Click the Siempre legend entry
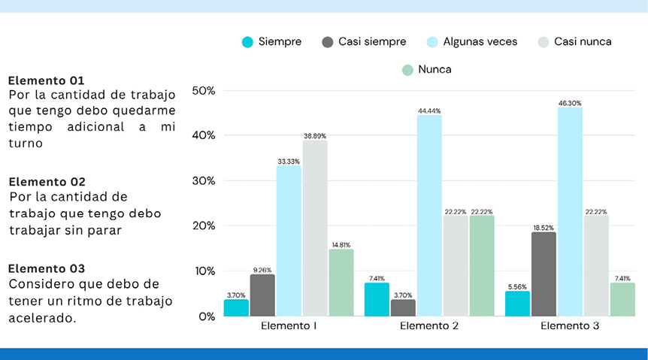click(271, 42)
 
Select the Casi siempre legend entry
click(364, 42)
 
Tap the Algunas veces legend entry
click(471, 42)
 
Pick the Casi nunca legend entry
click(574, 42)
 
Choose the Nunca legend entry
click(426, 70)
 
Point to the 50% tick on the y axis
click(203, 90)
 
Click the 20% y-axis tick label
click(203, 225)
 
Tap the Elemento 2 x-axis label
click(429, 326)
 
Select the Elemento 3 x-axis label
click(570, 326)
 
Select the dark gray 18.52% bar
click(544, 274)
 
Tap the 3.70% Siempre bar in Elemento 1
click(236, 307)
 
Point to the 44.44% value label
click(429, 110)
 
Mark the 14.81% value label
click(341, 245)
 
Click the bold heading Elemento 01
click(46, 80)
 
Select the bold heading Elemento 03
click(46, 268)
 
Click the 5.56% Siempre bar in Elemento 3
click(517, 304)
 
